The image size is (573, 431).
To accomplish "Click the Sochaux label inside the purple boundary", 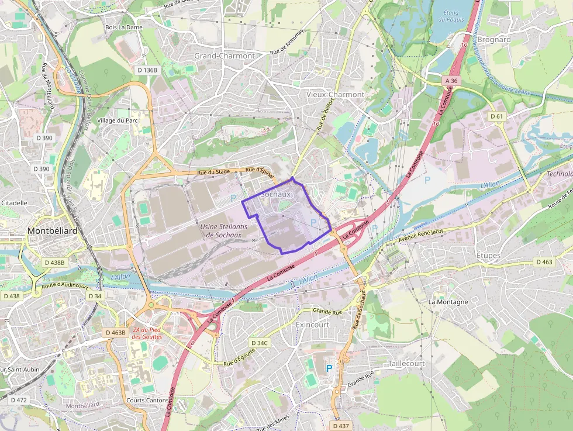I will click(276, 194).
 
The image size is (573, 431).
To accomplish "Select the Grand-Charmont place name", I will click(225, 56).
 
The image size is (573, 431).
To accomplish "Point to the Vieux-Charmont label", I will click(335, 94).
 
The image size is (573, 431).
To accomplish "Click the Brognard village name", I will click(493, 40).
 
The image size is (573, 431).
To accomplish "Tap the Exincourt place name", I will click(313, 324).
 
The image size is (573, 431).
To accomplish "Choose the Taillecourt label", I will click(406, 363).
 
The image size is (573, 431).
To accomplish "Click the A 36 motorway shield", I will click(451, 81).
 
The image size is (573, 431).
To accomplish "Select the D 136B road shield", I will click(146, 70).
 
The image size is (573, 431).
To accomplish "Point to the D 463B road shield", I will click(115, 332).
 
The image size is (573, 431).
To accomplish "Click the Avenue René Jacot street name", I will click(422, 236).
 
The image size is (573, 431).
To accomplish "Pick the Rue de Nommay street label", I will click(287, 42).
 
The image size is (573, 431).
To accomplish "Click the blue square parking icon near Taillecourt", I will click(329, 368).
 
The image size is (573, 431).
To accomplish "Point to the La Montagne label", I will click(448, 302).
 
